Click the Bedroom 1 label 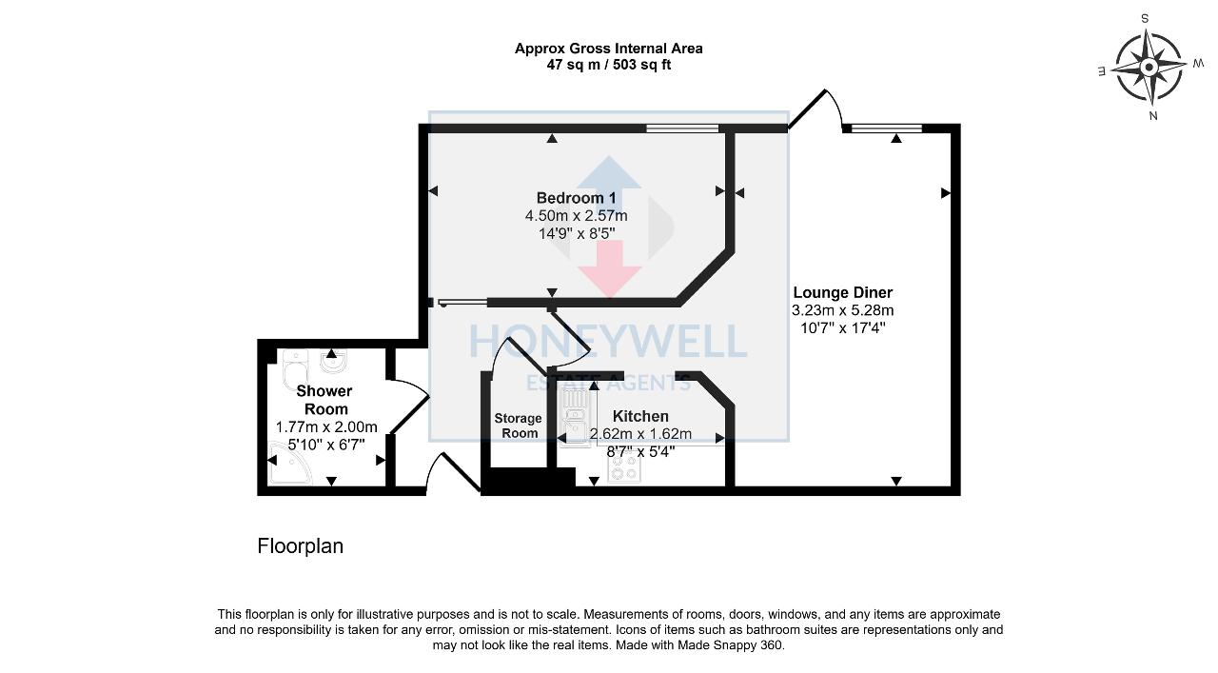(x=576, y=198)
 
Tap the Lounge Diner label (x=842, y=293)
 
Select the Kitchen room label (x=639, y=416)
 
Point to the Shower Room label (x=324, y=400)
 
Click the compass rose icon (x=1149, y=67)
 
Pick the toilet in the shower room (x=294, y=369)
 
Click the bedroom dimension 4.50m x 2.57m (x=576, y=216)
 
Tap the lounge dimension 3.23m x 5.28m (x=842, y=310)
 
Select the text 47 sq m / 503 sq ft (x=608, y=65)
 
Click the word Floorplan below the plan (x=300, y=546)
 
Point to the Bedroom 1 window (x=682, y=128)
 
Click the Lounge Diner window (x=887, y=128)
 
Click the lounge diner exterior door (x=814, y=107)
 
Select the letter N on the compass (x=1153, y=116)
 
